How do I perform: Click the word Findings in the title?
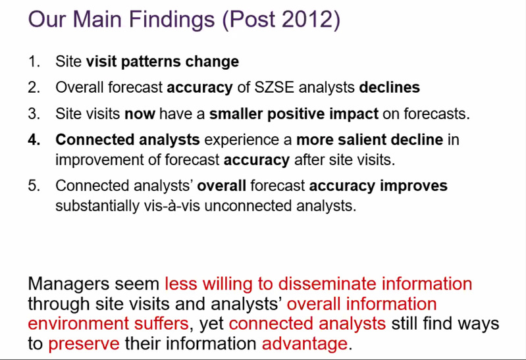(172, 20)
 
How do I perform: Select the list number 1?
(34, 61)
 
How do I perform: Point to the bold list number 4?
(34, 140)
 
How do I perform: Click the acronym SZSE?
(274, 88)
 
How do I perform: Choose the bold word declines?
(389, 88)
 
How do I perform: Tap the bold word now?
(140, 114)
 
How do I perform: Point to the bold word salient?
(361, 140)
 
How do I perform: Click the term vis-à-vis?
(172, 205)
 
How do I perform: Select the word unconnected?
(248, 205)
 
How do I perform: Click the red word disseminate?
(327, 284)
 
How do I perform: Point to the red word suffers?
(161, 323)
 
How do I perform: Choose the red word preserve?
(84, 344)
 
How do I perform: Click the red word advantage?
(305, 344)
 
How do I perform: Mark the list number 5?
(34, 186)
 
